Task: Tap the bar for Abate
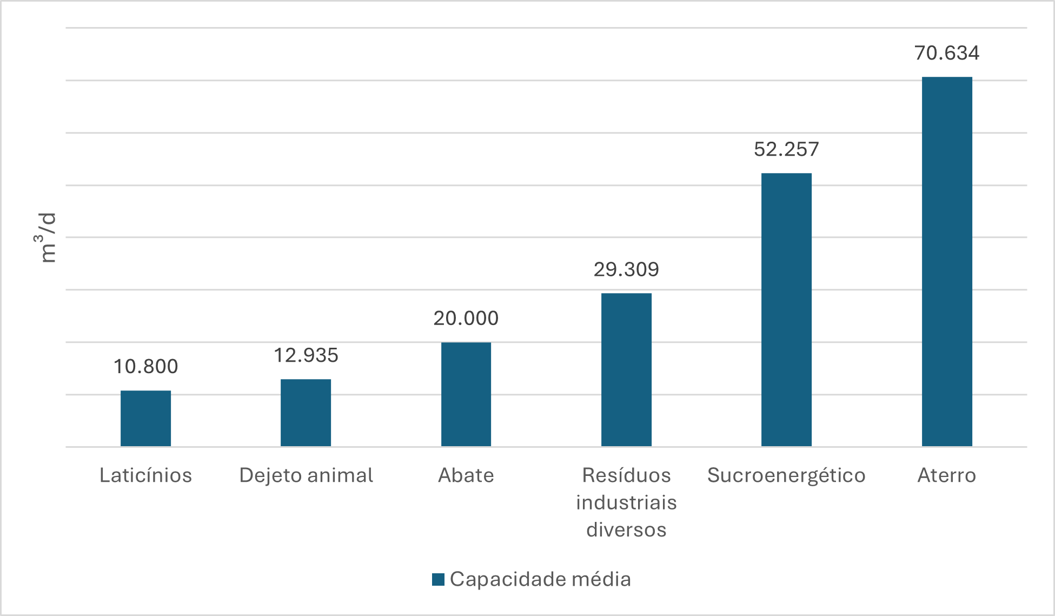tap(466, 394)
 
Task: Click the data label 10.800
tap(145, 367)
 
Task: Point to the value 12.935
tap(306, 355)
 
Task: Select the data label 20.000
tap(466, 318)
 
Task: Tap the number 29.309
tap(626, 269)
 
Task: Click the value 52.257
tap(786, 149)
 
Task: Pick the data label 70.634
tap(947, 53)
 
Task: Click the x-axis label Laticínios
tap(145, 475)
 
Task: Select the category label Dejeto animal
tap(306, 475)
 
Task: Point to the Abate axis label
tap(466, 475)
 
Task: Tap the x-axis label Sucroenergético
tap(786, 475)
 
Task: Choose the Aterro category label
tap(947, 475)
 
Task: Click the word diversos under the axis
tap(626, 529)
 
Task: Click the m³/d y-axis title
tap(48, 238)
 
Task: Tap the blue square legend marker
tap(438, 579)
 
